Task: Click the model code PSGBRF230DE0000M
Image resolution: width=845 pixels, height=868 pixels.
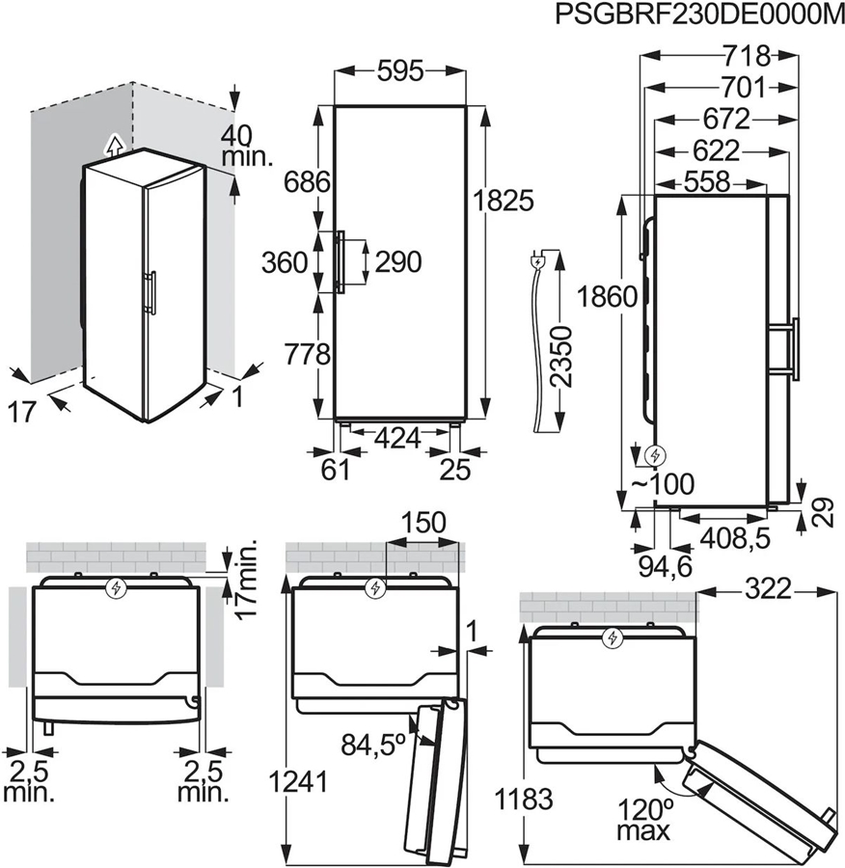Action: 693,15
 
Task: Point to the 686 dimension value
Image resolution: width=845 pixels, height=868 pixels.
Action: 307,181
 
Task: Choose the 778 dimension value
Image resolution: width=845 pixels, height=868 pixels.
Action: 307,354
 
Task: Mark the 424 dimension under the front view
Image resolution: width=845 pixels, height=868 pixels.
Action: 398,439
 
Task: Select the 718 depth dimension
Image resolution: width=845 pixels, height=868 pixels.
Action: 747,55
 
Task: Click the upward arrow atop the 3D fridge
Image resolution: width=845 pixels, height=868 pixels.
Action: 114,146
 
